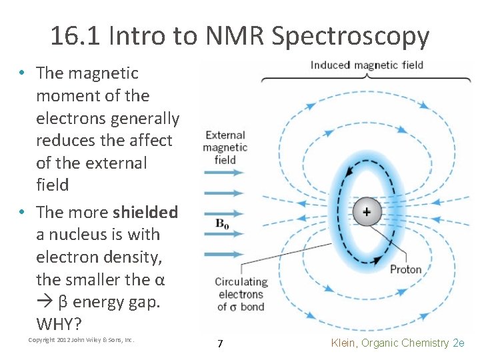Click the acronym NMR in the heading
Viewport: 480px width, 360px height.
[x=235, y=36]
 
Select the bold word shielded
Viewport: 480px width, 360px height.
[x=145, y=212]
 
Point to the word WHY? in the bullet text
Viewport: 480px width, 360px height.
[x=59, y=325]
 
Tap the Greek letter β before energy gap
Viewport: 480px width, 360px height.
[x=63, y=302]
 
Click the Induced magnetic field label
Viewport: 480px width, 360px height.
[x=366, y=65]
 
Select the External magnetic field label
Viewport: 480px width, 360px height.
[x=225, y=147]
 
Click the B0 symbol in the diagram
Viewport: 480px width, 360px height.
[x=222, y=225]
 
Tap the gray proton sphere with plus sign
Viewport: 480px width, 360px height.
[x=366, y=212]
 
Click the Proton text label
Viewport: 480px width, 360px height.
[x=405, y=269]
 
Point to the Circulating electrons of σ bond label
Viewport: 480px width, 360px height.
[x=241, y=294]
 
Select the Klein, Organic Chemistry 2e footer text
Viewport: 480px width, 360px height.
[x=397, y=343]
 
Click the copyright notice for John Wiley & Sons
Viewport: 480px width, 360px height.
[x=81, y=340]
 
